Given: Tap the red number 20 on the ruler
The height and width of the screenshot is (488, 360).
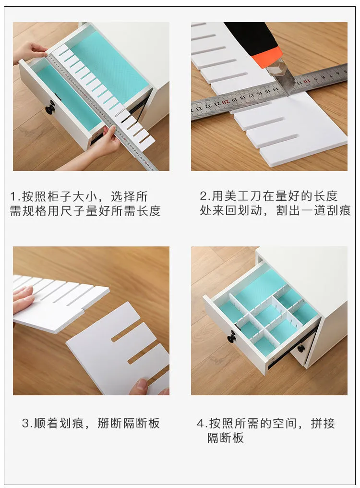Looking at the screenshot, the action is pos(225,102).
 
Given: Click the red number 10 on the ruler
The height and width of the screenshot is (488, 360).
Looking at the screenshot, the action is pos(307,82).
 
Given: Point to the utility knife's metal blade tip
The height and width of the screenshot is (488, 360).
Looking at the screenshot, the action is pos(288,95).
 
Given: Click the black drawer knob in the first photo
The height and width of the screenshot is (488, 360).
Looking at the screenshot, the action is pos(50,109).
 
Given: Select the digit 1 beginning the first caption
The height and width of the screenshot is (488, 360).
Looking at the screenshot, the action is pos(13,197).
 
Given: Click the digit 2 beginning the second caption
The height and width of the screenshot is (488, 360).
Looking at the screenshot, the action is pos(203,196).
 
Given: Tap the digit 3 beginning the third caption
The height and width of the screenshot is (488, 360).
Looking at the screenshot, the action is pos(26,423).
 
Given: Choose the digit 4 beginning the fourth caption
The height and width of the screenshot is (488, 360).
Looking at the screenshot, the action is pos(200,424).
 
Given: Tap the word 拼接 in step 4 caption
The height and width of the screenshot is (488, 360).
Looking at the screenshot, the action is pos(323,424).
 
